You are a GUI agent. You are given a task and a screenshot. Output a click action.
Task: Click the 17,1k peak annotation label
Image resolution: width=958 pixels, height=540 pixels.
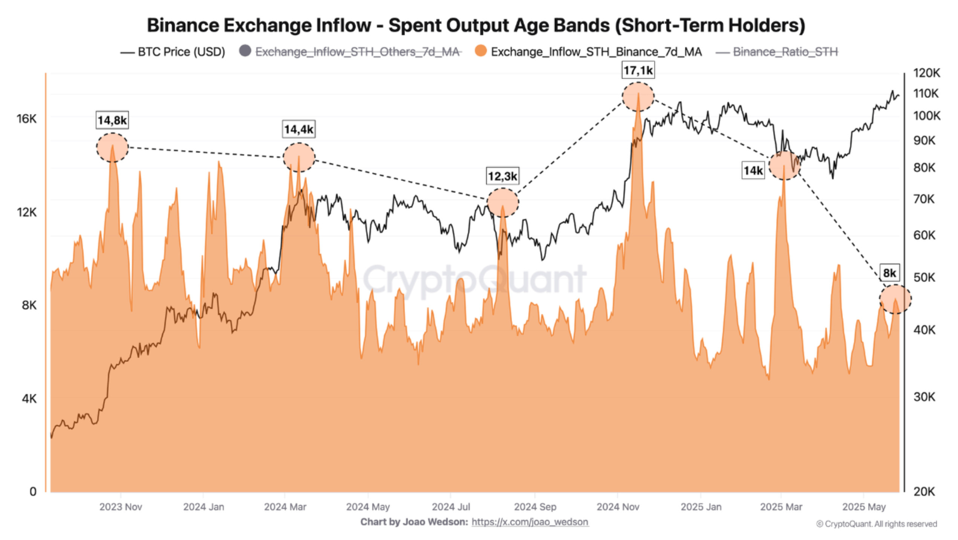pos(638,71)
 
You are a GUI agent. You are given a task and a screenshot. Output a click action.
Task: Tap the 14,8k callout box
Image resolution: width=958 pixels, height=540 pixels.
pos(112,120)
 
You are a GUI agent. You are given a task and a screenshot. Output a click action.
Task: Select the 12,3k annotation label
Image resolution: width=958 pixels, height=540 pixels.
pos(502,176)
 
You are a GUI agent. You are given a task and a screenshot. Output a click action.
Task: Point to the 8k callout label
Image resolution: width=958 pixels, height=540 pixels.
pos(889,273)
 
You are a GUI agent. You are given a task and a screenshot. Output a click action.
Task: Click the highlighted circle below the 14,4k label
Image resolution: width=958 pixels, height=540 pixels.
pos(299,157)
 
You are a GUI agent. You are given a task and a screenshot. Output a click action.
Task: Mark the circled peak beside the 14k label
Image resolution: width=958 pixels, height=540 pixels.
pos(784,165)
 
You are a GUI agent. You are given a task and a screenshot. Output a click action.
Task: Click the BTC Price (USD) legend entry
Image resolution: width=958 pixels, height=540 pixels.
pos(173,52)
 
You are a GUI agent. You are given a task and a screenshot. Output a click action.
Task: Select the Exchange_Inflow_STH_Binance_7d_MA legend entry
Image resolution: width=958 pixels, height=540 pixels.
pos(588,52)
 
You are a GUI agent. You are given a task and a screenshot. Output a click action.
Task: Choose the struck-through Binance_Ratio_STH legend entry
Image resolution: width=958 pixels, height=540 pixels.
pos(777,52)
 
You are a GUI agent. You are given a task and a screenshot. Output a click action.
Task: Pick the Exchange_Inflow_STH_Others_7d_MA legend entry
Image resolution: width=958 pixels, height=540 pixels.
pos(350,52)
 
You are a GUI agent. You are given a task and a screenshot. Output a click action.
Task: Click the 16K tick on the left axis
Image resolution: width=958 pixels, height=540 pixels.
pos(27,119)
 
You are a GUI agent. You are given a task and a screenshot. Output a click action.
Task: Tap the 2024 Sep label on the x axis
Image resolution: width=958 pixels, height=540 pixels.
pos(535,506)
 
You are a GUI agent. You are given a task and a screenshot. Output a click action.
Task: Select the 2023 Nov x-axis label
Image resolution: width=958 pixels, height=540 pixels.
pos(121,506)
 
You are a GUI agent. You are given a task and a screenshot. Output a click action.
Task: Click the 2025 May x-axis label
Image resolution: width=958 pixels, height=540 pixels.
pos(864,506)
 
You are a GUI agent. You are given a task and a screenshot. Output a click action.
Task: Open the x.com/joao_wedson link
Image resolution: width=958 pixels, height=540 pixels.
pos(530,522)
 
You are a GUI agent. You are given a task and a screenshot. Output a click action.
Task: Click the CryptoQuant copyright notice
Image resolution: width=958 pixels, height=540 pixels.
pos(876,524)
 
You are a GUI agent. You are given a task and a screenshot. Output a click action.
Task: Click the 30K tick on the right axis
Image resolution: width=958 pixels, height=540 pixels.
pos(924,397)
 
